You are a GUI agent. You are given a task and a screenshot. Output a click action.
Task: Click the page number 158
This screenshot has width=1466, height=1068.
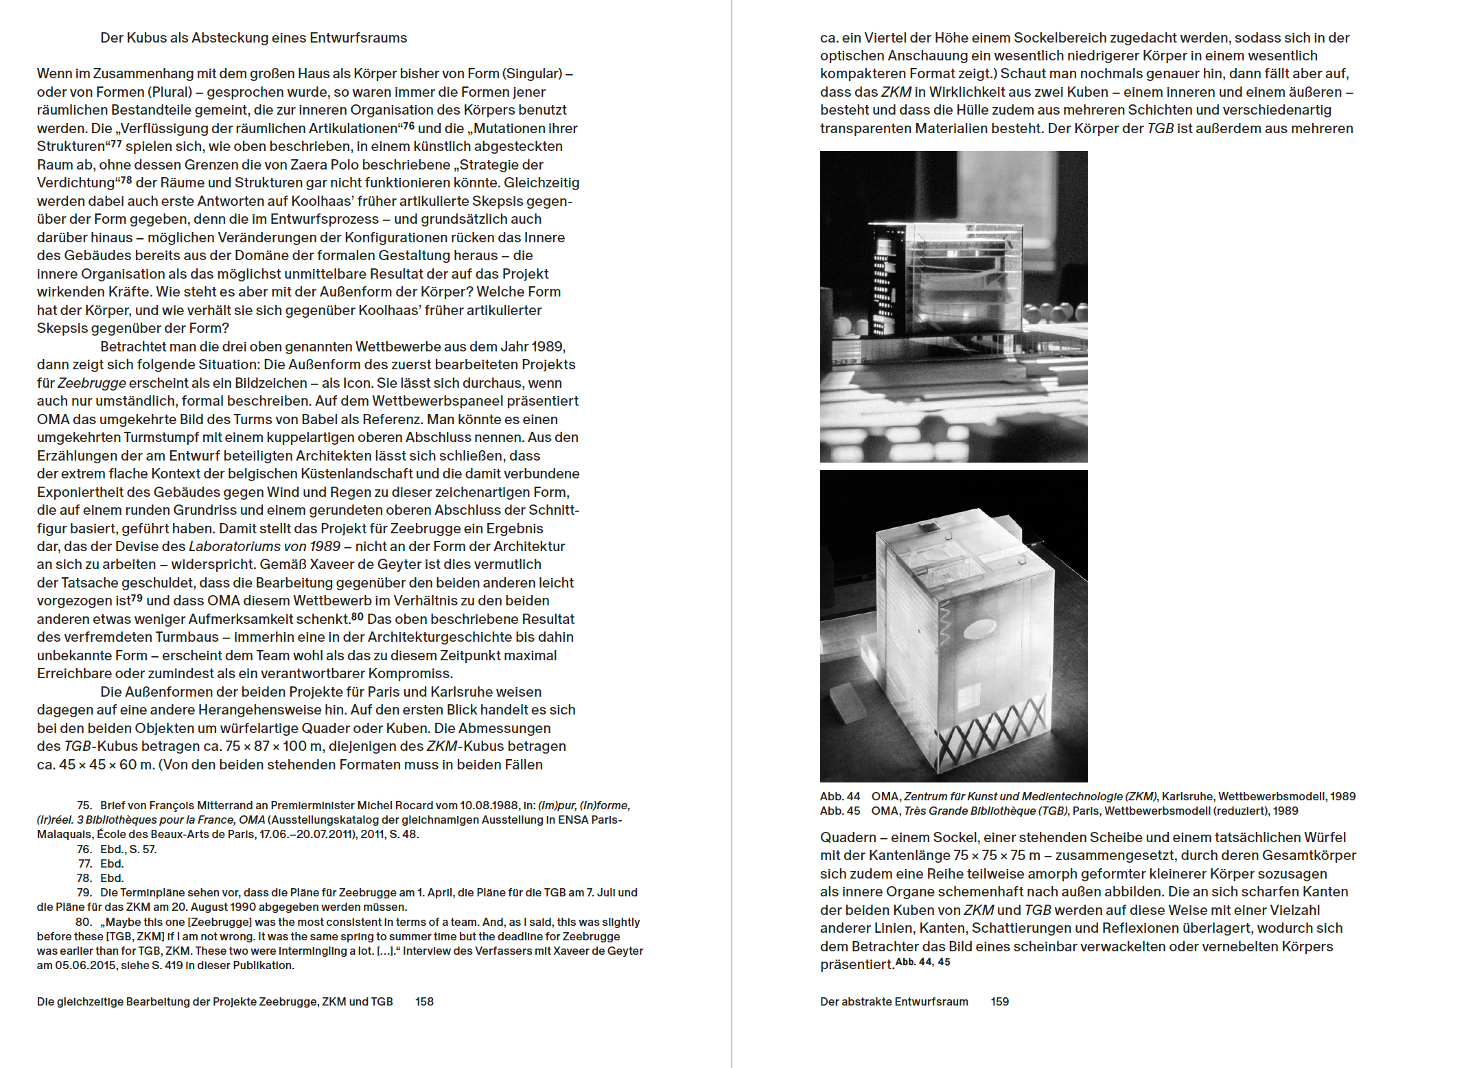[424, 1001]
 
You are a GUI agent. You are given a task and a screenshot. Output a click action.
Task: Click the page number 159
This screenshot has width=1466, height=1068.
[999, 1001]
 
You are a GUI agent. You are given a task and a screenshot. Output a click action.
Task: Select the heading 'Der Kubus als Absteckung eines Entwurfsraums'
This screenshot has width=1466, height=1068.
[253, 38]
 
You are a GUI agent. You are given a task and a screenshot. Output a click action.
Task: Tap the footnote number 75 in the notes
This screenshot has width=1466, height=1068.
[84, 805]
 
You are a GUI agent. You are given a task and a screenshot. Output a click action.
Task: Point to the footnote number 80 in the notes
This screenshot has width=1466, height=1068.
[83, 922]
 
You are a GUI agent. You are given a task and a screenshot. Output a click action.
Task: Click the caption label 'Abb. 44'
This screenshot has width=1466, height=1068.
[839, 796]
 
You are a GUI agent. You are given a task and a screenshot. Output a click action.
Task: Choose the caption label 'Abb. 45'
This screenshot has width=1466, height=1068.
[839, 811]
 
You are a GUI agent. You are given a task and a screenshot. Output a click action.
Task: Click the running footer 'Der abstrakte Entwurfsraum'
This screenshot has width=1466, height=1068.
[894, 1001]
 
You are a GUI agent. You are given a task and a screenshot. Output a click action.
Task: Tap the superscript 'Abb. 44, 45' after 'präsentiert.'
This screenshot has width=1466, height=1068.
[923, 962]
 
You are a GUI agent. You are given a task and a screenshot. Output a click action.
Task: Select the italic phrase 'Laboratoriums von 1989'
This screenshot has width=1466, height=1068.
[264, 546]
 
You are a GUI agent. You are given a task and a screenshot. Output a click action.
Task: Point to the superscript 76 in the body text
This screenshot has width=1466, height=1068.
[409, 126]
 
